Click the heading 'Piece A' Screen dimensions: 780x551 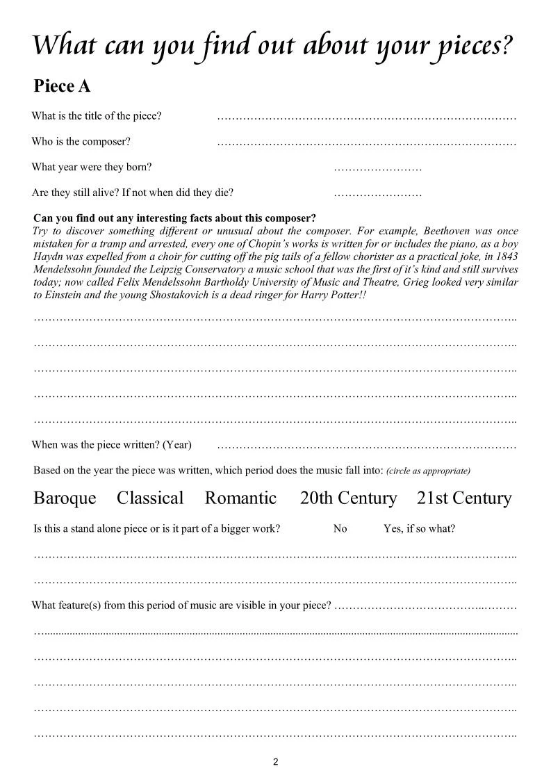click(x=62, y=87)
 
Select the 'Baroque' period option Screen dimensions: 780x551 click(x=65, y=498)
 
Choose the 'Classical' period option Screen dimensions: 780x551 click(x=150, y=498)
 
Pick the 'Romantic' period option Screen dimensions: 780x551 click(x=240, y=498)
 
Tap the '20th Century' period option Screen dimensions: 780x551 click(x=348, y=498)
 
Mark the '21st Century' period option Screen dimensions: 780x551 click(x=463, y=498)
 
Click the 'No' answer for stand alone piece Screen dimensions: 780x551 click(x=340, y=528)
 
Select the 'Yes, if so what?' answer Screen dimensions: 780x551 click(x=419, y=528)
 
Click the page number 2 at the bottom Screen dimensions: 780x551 click(x=275, y=762)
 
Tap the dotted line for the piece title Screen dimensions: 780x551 click(x=366, y=117)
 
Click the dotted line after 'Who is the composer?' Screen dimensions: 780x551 click(x=366, y=143)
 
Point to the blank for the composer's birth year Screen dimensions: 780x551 click(x=377, y=168)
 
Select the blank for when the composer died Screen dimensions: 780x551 click(x=377, y=194)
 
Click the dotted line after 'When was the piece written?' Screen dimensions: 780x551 click(x=366, y=445)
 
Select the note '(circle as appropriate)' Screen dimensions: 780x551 click(x=428, y=471)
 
